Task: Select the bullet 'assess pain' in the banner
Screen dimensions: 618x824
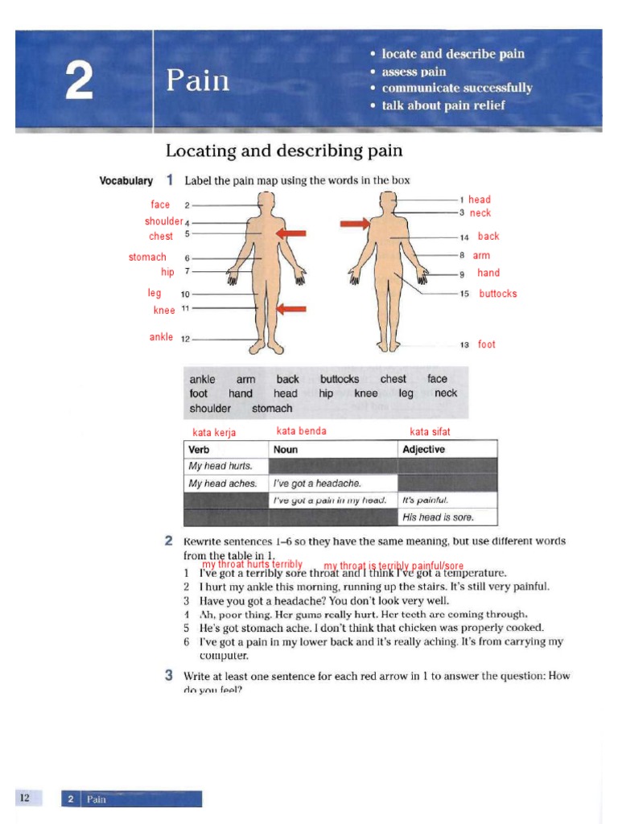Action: pyautogui.click(x=414, y=71)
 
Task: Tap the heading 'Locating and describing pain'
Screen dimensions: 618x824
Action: pyautogui.click(x=284, y=150)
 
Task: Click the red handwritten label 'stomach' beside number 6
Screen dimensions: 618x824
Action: pyautogui.click(x=147, y=257)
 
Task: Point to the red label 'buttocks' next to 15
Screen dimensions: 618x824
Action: pyautogui.click(x=498, y=294)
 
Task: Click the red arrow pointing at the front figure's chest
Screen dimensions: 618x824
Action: pyautogui.click(x=292, y=233)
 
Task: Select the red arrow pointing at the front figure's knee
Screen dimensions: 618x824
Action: pyautogui.click(x=292, y=308)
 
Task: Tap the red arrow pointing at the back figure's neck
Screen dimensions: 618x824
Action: pyautogui.click(x=354, y=223)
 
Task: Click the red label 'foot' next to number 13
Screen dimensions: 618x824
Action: pyautogui.click(x=487, y=344)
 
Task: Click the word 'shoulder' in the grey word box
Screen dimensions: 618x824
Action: pyautogui.click(x=210, y=408)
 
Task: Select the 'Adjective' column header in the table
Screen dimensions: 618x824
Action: pyautogui.click(x=423, y=449)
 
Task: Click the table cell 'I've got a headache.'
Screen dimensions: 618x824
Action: pyautogui.click(x=317, y=484)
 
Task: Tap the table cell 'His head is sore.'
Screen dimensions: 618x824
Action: pyautogui.click(x=439, y=517)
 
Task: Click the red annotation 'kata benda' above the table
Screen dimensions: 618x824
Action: pyautogui.click(x=302, y=431)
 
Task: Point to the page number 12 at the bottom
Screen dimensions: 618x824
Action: pyautogui.click(x=25, y=797)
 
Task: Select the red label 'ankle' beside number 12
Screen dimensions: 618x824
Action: pyautogui.click(x=161, y=337)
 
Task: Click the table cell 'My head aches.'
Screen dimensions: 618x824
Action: pyautogui.click(x=222, y=484)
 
